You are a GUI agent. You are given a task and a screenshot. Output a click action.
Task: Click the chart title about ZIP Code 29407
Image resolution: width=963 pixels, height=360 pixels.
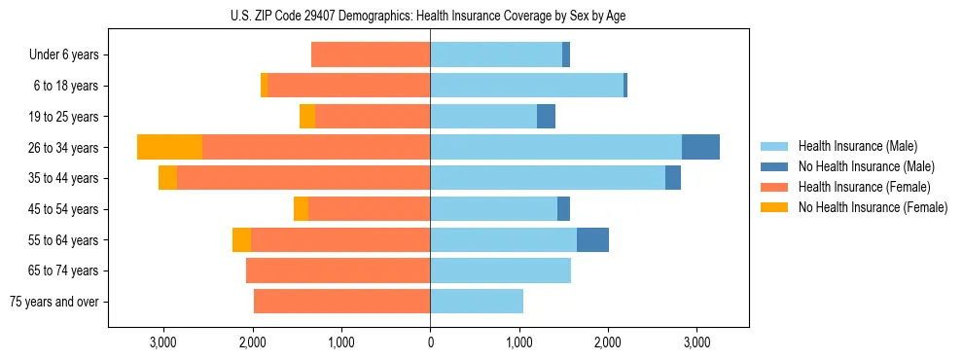(429, 16)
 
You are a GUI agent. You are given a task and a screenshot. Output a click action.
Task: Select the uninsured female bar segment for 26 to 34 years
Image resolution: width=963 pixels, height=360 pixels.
(169, 147)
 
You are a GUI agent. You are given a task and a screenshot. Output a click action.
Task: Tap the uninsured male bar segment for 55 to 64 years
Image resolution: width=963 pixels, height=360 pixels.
(592, 239)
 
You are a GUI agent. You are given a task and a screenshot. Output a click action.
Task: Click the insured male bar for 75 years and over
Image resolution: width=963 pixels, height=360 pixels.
(477, 302)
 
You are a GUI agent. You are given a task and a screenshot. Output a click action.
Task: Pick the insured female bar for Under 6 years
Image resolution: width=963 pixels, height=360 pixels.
(371, 54)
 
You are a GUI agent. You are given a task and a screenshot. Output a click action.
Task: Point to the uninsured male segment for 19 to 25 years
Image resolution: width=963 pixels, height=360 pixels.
(546, 117)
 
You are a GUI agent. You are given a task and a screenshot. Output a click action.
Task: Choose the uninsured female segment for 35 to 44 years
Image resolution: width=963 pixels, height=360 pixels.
(167, 178)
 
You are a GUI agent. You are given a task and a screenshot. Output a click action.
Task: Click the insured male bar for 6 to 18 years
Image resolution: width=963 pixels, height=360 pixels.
(526, 86)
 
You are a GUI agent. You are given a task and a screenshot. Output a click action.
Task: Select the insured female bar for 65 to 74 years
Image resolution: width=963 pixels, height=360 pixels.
(339, 270)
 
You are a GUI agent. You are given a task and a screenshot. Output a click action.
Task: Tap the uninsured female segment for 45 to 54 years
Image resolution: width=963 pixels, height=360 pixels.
(301, 209)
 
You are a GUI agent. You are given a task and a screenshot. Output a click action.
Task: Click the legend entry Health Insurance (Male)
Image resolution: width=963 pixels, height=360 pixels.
(856, 146)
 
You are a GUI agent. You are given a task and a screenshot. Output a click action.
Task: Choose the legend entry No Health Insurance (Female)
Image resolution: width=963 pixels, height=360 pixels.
(873, 207)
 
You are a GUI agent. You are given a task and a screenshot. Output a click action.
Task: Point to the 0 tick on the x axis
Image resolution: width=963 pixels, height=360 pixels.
(430, 342)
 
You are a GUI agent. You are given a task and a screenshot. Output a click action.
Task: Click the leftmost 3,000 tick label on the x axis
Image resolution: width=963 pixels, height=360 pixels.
(162, 342)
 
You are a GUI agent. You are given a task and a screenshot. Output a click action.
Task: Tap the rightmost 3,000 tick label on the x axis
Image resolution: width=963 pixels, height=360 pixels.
(696, 342)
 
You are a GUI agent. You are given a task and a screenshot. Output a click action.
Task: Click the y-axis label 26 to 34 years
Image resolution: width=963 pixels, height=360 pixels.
(64, 148)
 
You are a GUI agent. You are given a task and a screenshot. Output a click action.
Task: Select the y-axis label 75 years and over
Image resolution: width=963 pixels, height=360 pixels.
(54, 302)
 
